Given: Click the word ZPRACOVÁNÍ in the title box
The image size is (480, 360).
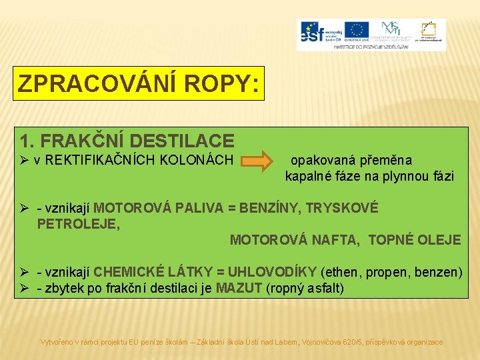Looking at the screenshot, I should (87, 83).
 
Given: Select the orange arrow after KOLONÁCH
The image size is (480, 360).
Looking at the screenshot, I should (257, 161).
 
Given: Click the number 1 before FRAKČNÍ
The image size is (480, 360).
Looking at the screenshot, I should (25, 141).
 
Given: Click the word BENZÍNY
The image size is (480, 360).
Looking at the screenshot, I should (271, 208).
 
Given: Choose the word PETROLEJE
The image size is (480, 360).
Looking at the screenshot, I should (79, 224).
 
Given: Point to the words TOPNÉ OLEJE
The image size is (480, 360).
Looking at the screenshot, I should (414, 240).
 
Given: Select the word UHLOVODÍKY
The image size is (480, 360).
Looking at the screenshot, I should (272, 272).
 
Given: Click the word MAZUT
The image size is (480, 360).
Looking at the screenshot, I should (239, 288).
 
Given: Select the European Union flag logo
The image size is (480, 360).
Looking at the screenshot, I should (357, 30).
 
